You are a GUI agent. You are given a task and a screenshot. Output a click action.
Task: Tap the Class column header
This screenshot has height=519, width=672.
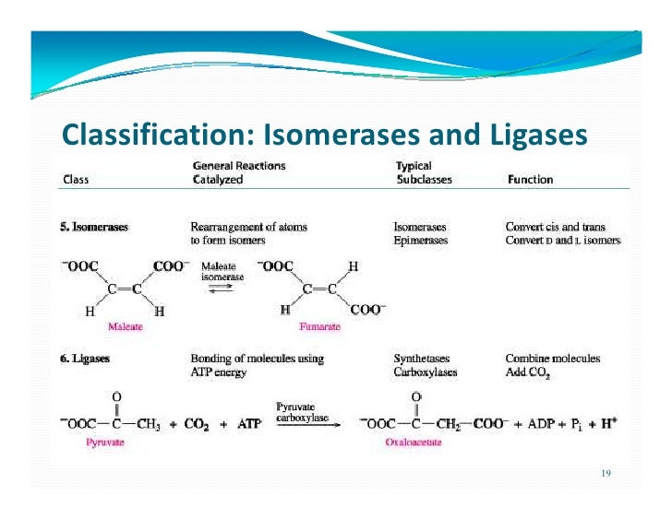click(75, 180)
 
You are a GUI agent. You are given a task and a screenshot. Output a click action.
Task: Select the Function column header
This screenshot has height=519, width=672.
click(530, 180)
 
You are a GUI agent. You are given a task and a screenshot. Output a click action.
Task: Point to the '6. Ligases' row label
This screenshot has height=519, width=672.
click(86, 359)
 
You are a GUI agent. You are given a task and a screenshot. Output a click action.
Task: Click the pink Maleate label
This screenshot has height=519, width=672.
click(126, 326)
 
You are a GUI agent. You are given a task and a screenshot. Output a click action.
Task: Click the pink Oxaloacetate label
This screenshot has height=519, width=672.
click(414, 442)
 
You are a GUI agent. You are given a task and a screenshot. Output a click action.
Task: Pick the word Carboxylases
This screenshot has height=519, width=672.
click(426, 372)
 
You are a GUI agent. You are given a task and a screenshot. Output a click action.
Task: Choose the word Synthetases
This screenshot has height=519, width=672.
click(423, 359)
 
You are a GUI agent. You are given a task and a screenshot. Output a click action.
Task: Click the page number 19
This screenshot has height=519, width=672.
click(606, 473)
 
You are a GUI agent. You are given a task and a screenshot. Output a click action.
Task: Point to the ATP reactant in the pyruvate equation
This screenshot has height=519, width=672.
click(247, 423)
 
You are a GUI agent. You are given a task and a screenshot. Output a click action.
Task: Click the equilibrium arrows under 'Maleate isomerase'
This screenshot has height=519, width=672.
click(222, 288)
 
